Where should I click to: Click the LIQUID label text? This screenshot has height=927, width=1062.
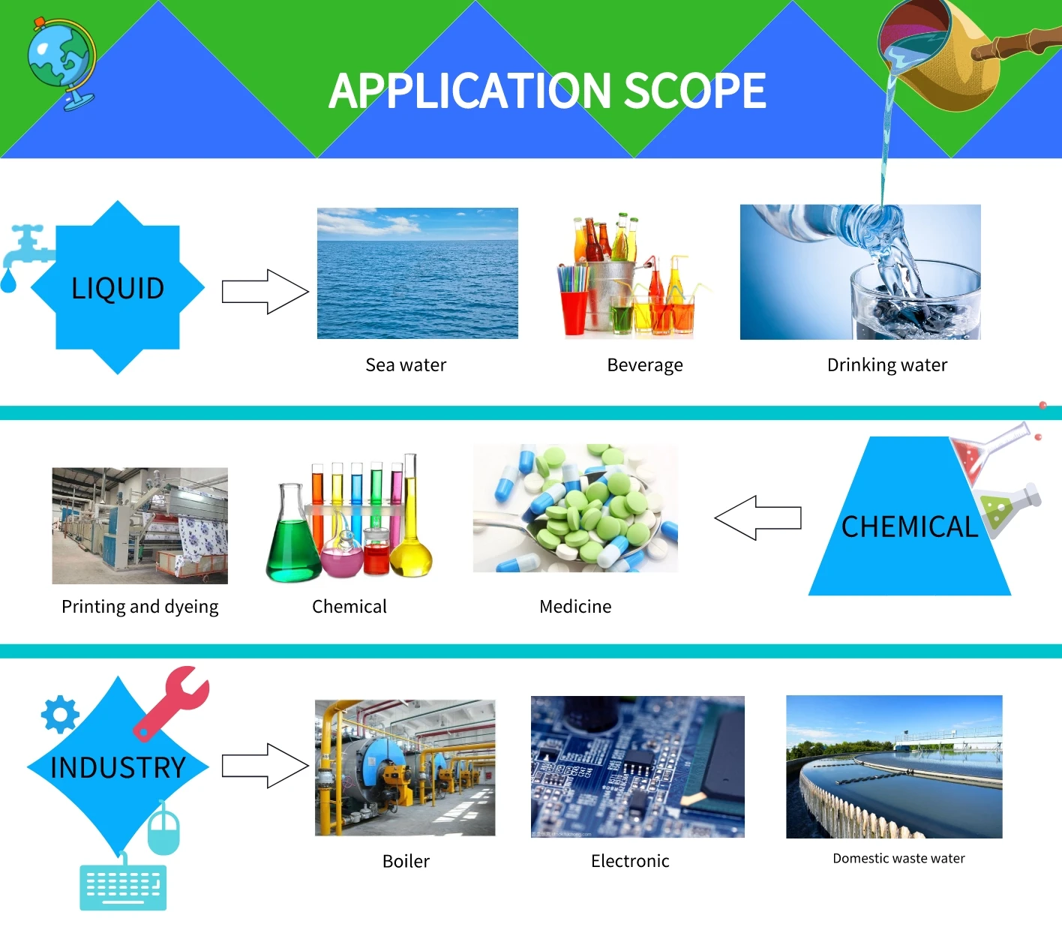(118, 288)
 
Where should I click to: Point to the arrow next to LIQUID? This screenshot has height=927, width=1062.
(265, 292)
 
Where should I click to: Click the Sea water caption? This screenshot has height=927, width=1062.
(406, 365)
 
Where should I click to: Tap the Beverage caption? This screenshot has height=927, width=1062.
(645, 365)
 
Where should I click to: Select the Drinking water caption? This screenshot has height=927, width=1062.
(886, 365)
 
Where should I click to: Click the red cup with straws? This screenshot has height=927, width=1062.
(574, 310)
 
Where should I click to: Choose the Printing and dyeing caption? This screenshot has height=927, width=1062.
(140, 607)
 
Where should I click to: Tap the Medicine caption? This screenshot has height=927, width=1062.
(575, 607)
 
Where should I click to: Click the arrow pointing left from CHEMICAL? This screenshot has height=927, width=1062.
(757, 517)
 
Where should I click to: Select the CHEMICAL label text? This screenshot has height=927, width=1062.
(909, 527)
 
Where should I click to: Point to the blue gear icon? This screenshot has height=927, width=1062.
(60, 714)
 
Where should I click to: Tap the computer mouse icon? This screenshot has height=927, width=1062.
(163, 829)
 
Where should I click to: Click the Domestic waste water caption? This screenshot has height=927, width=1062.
(898, 859)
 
